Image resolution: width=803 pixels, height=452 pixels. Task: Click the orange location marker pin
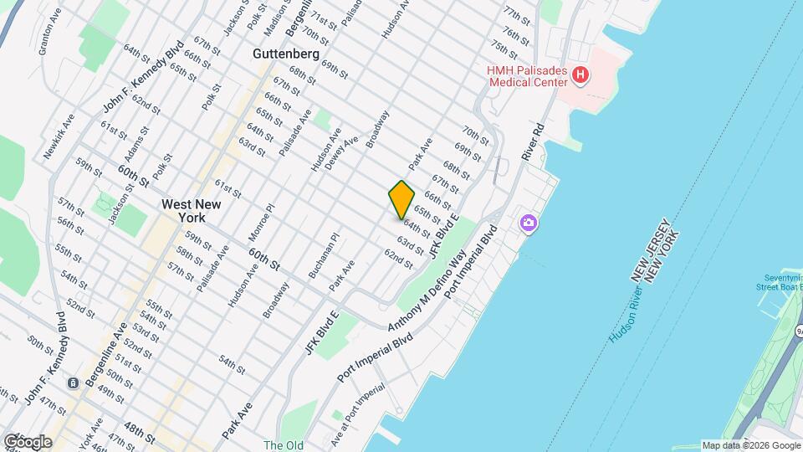pyautogui.click(x=401, y=199)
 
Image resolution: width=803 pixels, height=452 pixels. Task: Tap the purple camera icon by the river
pyautogui.click(x=528, y=223)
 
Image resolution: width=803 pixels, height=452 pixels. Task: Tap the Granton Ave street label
pyautogui.click(x=50, y=32)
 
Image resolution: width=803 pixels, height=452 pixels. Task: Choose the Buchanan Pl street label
pyautogui.click(x=322, y=254)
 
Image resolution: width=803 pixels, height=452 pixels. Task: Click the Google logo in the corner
pyautogui.click(x=28, y=441)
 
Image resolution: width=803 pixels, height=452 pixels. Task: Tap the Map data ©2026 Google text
pyautogui.click(x=749, y=445)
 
